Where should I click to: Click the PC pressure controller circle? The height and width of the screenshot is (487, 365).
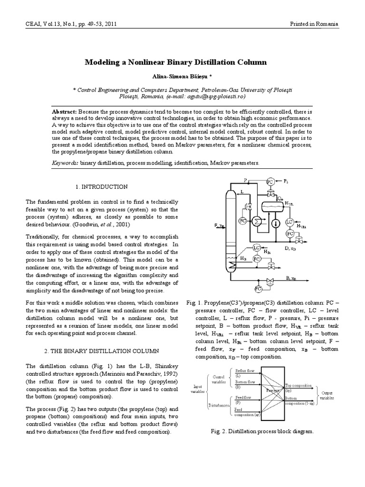point(270,181)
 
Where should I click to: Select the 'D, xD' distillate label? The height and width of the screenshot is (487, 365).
point(290,248)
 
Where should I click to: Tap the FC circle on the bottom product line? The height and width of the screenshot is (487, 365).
point(259,288)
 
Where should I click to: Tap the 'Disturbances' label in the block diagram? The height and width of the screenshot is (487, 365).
point(219,405)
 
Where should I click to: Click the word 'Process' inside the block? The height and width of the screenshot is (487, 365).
point(273,390)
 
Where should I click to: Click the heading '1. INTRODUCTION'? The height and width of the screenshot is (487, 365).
point(102,186)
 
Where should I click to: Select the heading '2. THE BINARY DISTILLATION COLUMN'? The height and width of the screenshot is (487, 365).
point(102,350)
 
